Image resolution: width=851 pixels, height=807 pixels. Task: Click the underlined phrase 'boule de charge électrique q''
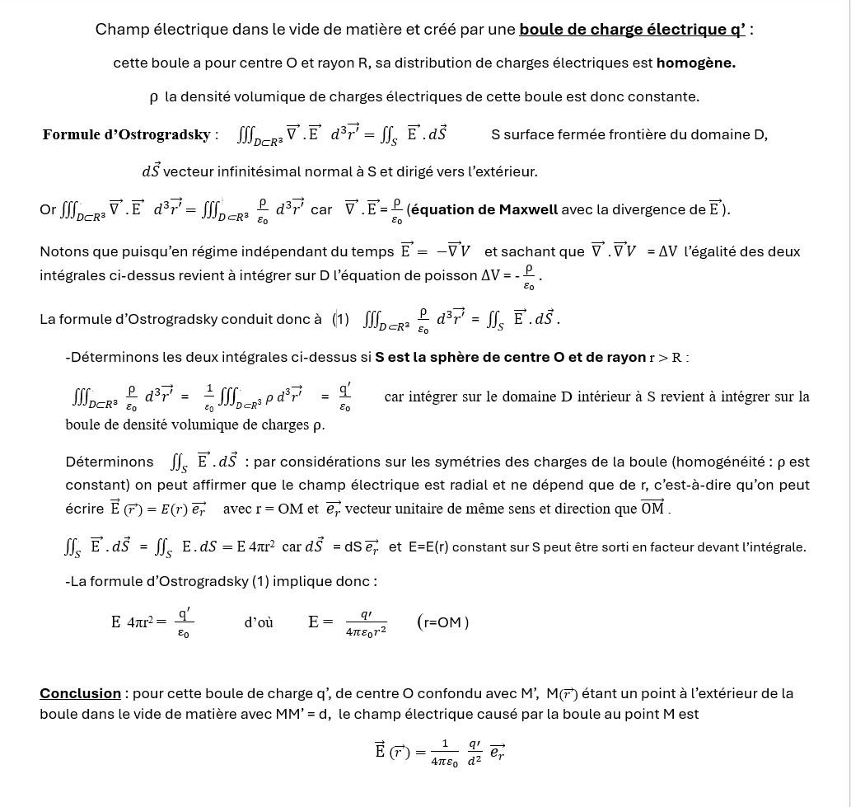[x=631, y=30]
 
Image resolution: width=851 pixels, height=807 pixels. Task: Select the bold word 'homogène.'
[x=695, y=63]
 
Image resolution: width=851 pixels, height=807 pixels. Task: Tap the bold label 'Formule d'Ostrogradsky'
[x=127, y=134]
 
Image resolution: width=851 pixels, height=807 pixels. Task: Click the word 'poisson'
[x=454, y=275]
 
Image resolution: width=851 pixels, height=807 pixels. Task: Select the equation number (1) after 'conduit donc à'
[x=341, y=318]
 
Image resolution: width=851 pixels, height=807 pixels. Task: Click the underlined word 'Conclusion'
[x=80, y=693]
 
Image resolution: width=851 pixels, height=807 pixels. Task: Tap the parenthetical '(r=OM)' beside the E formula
[x=443, y=622]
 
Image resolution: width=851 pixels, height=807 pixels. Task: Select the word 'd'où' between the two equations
[x=259, y=622]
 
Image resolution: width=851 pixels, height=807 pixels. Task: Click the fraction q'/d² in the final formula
[x=475, y=752]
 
